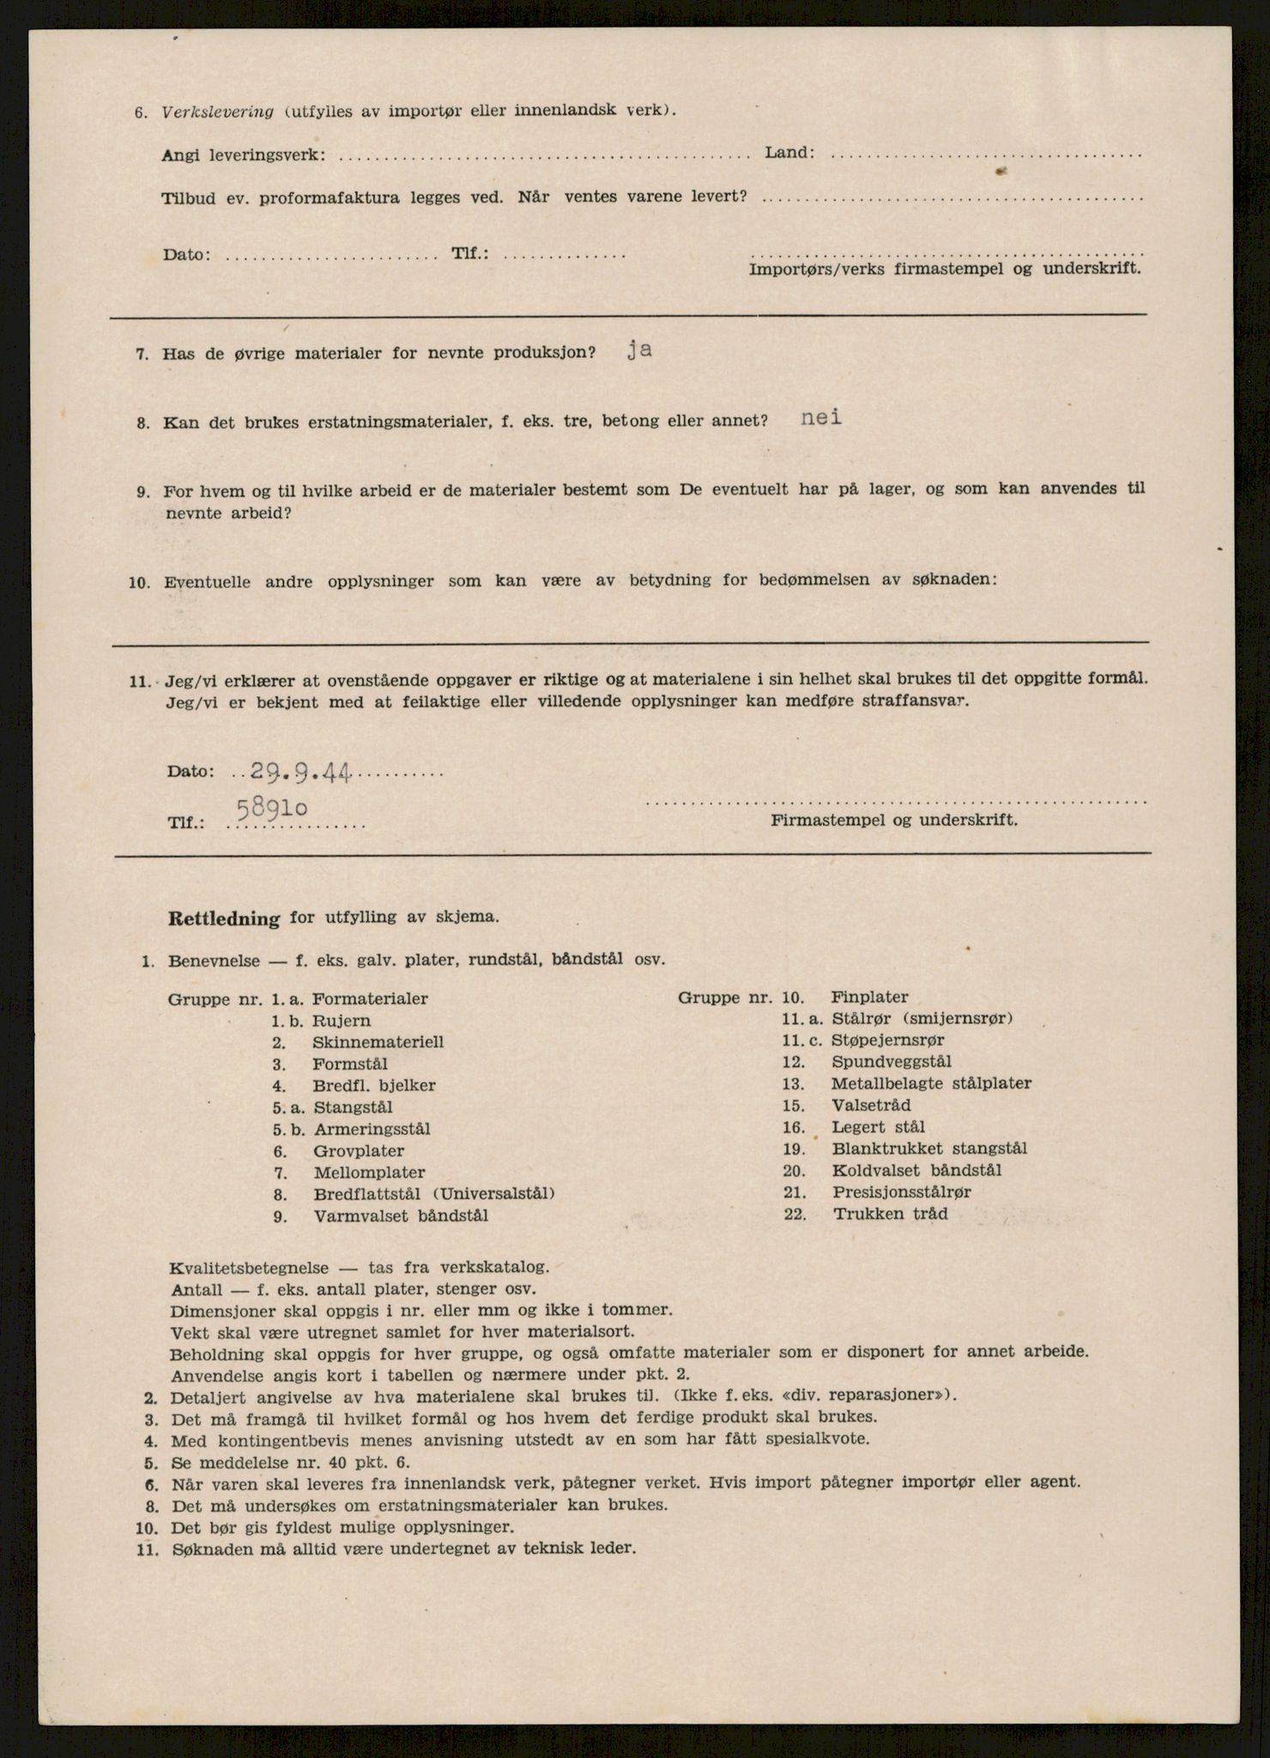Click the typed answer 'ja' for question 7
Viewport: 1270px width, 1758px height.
638,350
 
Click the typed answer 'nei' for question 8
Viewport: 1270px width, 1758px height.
821,418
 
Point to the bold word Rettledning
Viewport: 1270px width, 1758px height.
225,918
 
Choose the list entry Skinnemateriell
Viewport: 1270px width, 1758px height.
378,1042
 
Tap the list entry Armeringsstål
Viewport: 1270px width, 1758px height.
372,1129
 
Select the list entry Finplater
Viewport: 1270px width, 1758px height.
869,997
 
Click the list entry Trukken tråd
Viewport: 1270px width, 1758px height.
890,1214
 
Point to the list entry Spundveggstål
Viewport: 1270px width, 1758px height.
891,1062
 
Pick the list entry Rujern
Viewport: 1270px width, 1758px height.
342,1021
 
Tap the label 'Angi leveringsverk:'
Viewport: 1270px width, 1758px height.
243,155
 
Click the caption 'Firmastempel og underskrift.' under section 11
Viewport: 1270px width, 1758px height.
894,820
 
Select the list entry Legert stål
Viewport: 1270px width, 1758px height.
879,1127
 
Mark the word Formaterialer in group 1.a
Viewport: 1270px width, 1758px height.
370,999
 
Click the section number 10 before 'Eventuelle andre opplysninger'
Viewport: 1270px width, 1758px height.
141,583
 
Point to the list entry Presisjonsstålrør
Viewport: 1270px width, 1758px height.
901,1192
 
